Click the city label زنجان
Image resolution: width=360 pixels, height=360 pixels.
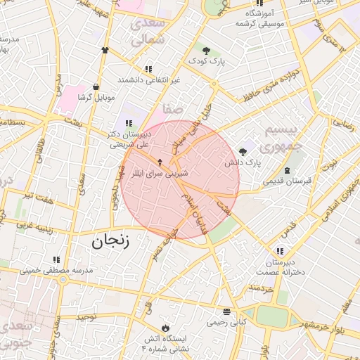coord(111,243)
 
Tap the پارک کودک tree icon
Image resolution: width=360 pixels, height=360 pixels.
coord(206,51)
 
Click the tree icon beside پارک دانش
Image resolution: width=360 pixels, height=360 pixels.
coord(243,151)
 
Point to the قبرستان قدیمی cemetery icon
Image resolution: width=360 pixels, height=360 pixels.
coord(287,171)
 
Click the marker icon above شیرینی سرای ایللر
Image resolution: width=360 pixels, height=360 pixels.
coord(159,162)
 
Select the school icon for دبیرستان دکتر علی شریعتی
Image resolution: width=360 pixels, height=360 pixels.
coord(129,124)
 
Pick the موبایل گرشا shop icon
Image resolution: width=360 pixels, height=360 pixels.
coord(96,87)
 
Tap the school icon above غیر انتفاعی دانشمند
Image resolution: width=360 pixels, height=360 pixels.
coord(148,69)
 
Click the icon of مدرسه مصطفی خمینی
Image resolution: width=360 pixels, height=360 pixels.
coord(56,260)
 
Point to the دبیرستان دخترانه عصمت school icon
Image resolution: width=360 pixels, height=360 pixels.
coord(280,252)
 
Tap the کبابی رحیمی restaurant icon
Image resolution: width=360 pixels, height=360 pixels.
coord(226,312)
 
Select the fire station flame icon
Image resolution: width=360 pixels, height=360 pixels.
coord(165,328)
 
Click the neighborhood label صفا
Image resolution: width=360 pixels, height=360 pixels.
coord(172,110)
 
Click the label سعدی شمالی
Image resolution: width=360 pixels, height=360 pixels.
coord(147,32)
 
